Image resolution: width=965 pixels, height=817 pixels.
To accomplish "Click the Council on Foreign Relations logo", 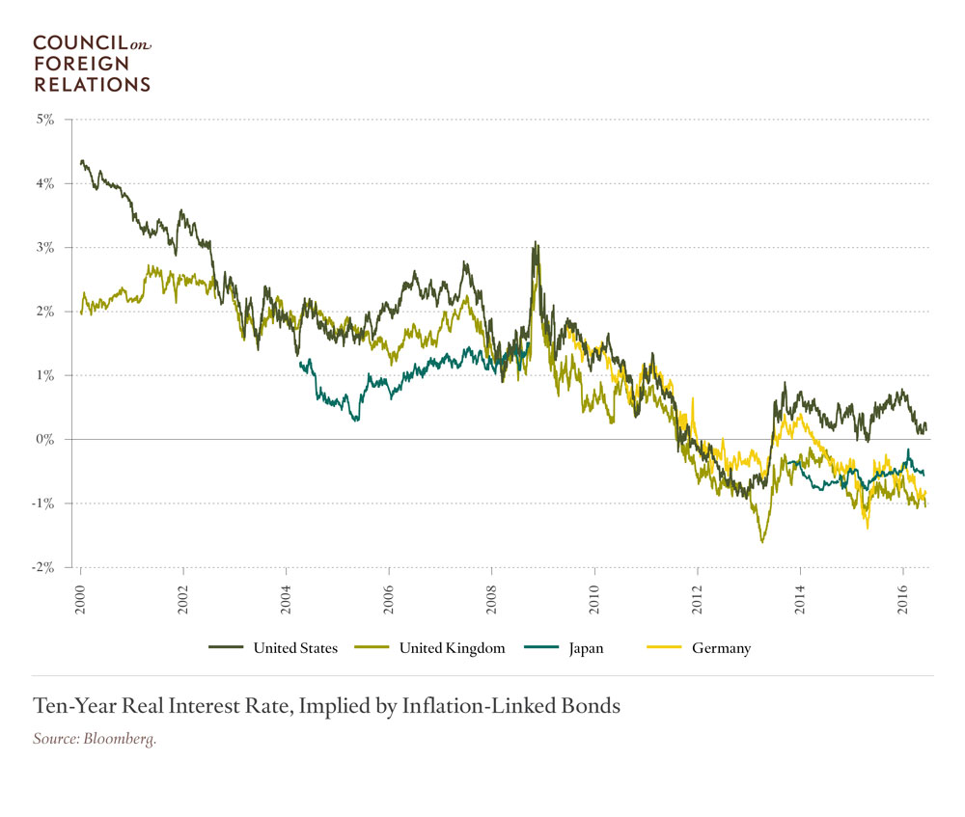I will click(x=92, y=64).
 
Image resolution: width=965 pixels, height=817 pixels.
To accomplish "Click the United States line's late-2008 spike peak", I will click(x=535, y=243).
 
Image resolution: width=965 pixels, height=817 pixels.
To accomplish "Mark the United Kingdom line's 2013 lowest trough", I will click(x=762, y=542).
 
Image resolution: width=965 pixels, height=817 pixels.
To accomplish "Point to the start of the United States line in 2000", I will click(x=81, y=162).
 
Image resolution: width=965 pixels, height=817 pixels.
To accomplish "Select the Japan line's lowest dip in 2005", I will click(x=356, y=421).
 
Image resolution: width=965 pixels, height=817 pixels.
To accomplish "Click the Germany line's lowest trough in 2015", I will click(x=868, y=528).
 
